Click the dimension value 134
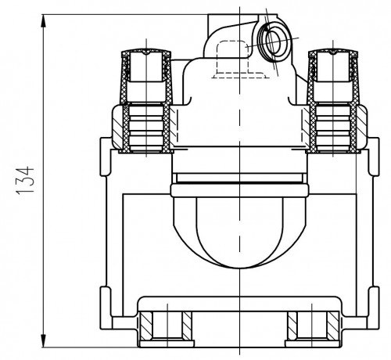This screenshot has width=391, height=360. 25,180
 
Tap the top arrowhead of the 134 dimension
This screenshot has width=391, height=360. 44,21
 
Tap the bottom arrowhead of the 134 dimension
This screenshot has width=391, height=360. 44,340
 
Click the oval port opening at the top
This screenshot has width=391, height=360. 273,41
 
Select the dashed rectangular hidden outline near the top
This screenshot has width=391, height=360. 239,59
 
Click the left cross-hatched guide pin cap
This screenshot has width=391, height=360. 146,76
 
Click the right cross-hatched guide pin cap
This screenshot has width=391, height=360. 333,76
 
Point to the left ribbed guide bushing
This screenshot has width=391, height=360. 146,127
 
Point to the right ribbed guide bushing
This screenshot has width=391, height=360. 333,127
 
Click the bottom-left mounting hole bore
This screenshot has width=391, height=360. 167,326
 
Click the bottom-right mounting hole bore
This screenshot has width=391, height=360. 312,326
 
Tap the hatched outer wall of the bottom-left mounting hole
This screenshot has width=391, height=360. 145,326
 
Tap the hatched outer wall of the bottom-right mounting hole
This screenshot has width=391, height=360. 333,326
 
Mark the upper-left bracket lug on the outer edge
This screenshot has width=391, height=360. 106,157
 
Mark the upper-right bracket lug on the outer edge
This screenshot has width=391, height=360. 374,157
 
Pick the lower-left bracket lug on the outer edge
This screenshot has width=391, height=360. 106,308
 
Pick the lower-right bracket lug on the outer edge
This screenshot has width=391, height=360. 373,308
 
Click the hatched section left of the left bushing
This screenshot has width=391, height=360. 118,126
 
